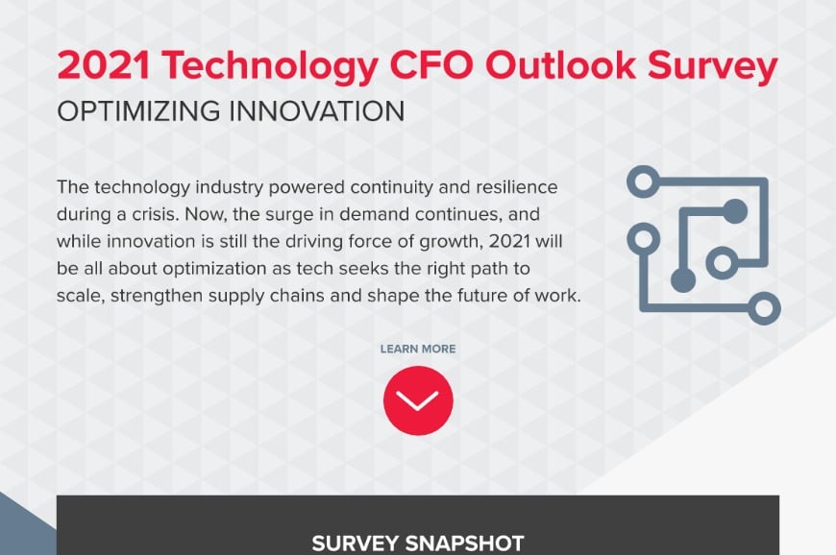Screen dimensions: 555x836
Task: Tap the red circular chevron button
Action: tap(418, 401)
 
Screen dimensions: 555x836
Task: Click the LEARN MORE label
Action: tap(418, 349)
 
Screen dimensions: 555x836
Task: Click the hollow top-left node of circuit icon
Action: tap(642, 179)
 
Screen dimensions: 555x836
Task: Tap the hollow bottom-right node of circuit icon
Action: tap(765, 309)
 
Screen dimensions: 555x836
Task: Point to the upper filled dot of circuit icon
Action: tap(735, 210)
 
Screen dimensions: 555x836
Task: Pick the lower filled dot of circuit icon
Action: tap(683, 279)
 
